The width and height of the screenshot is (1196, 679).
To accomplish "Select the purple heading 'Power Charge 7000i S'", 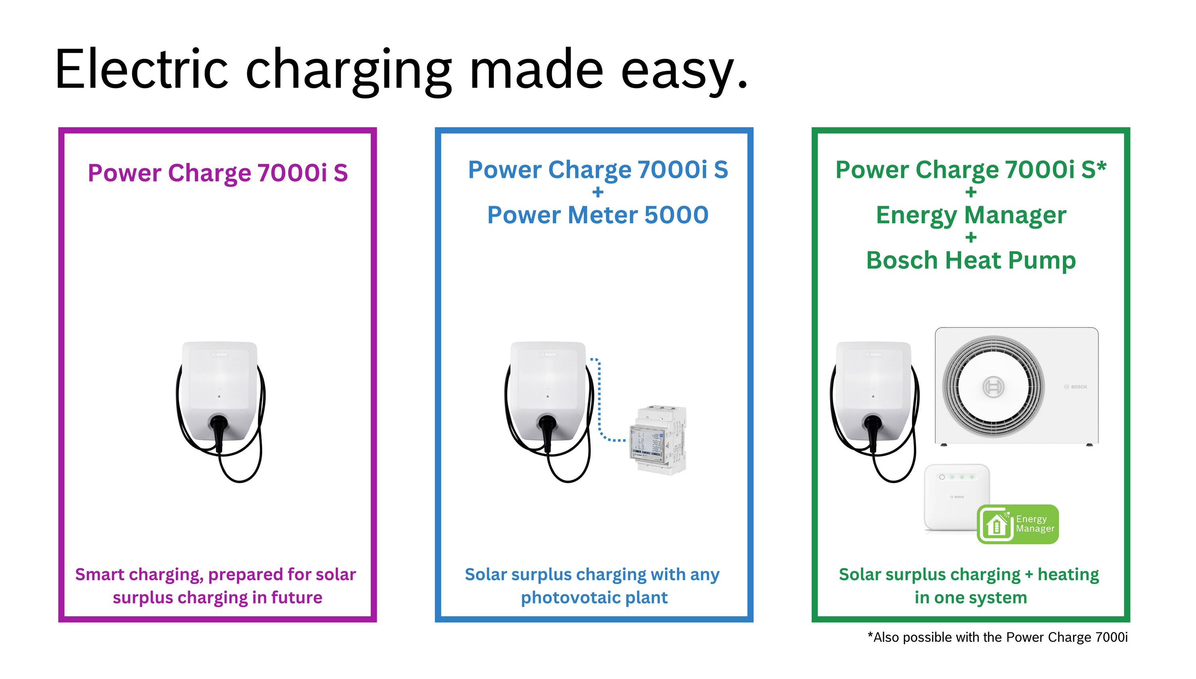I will click(x=218, y=173).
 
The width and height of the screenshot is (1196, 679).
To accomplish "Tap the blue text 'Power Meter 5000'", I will click(x=597, y=215).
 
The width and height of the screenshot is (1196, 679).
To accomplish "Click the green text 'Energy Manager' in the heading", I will click(x=971, y=215).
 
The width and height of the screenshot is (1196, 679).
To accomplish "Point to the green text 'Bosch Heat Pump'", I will click(x=971, y=260).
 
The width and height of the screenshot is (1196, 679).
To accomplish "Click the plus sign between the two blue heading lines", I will click(x=597, y=192).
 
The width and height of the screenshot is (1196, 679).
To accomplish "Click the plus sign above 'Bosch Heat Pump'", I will click(x=971, y=237).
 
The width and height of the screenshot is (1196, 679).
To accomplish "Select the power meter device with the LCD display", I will click(x=657, y=438).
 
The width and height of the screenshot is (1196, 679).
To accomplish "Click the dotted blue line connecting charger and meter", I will click(x=599, y=401).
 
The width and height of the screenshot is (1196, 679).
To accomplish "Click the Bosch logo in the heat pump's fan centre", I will click(x=993, y=387).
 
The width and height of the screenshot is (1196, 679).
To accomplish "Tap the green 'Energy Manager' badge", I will click(x=1017, y=524).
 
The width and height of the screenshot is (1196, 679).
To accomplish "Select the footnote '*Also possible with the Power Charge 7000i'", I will click(x=997, y=637).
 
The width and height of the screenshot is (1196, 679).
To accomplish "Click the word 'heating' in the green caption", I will click(x=1068, y=575).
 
